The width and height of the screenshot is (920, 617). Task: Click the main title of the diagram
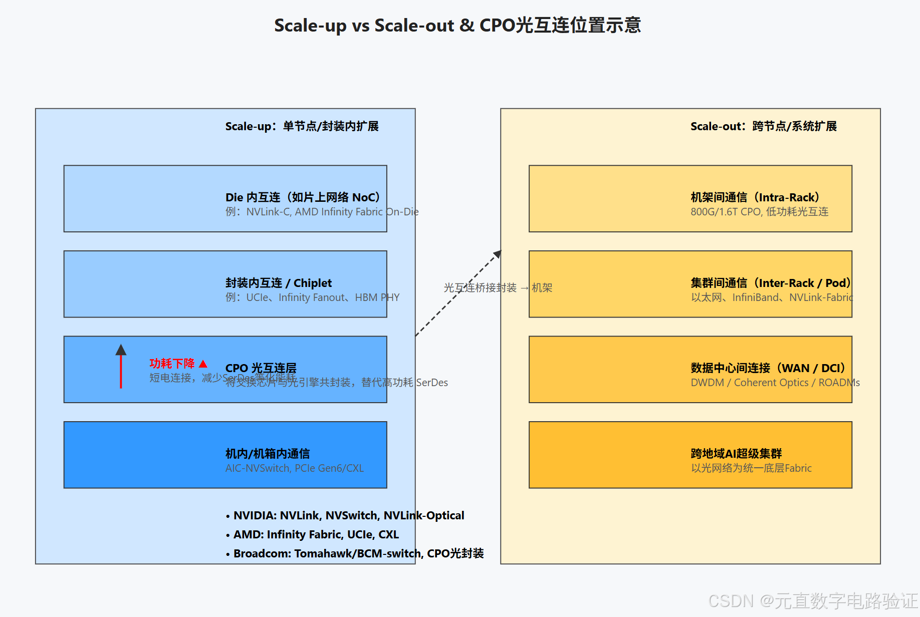coord(457,25)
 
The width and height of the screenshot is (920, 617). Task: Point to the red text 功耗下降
coord(172,363)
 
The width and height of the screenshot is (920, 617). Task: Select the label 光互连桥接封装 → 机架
coord(498,287)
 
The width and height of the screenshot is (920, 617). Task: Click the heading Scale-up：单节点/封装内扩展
coord(302,126)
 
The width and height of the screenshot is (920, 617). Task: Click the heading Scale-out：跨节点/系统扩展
coord(763,126)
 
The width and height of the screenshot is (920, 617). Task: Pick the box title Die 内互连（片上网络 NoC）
coord(303,197)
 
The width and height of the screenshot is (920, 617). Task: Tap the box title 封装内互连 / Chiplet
coord(279,283)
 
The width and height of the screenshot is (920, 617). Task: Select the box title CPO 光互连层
coord(261,368)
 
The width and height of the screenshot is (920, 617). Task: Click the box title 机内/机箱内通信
coord(268,454)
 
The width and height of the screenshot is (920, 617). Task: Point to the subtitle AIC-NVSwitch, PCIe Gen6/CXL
coord(294,468)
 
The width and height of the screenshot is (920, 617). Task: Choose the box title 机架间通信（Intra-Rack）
coord(755,197)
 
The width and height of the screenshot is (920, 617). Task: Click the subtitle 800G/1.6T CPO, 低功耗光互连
coord(759,212)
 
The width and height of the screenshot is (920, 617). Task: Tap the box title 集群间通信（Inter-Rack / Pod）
coord(770,283)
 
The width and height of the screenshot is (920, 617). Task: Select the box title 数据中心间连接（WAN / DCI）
coord(768,368)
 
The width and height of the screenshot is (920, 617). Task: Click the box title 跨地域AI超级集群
coord(736,454)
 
